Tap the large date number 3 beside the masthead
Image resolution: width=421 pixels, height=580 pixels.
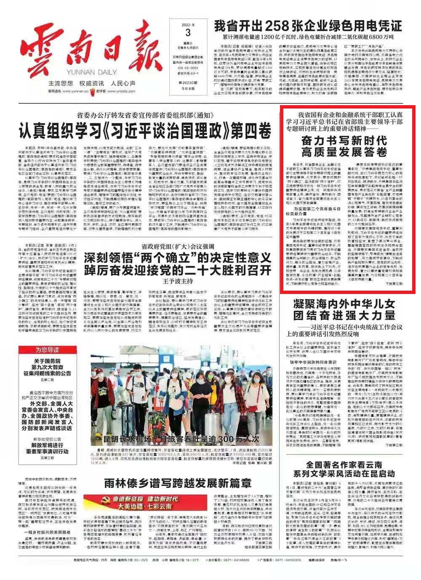point(188,33)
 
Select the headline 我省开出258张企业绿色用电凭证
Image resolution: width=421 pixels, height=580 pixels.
point(307,26)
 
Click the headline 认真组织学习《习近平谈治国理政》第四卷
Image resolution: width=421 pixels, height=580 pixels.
point(145,132)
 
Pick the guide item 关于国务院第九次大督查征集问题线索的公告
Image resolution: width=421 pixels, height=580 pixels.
point(47,367)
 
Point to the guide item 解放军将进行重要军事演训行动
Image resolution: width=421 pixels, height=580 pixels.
point(47,451)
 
